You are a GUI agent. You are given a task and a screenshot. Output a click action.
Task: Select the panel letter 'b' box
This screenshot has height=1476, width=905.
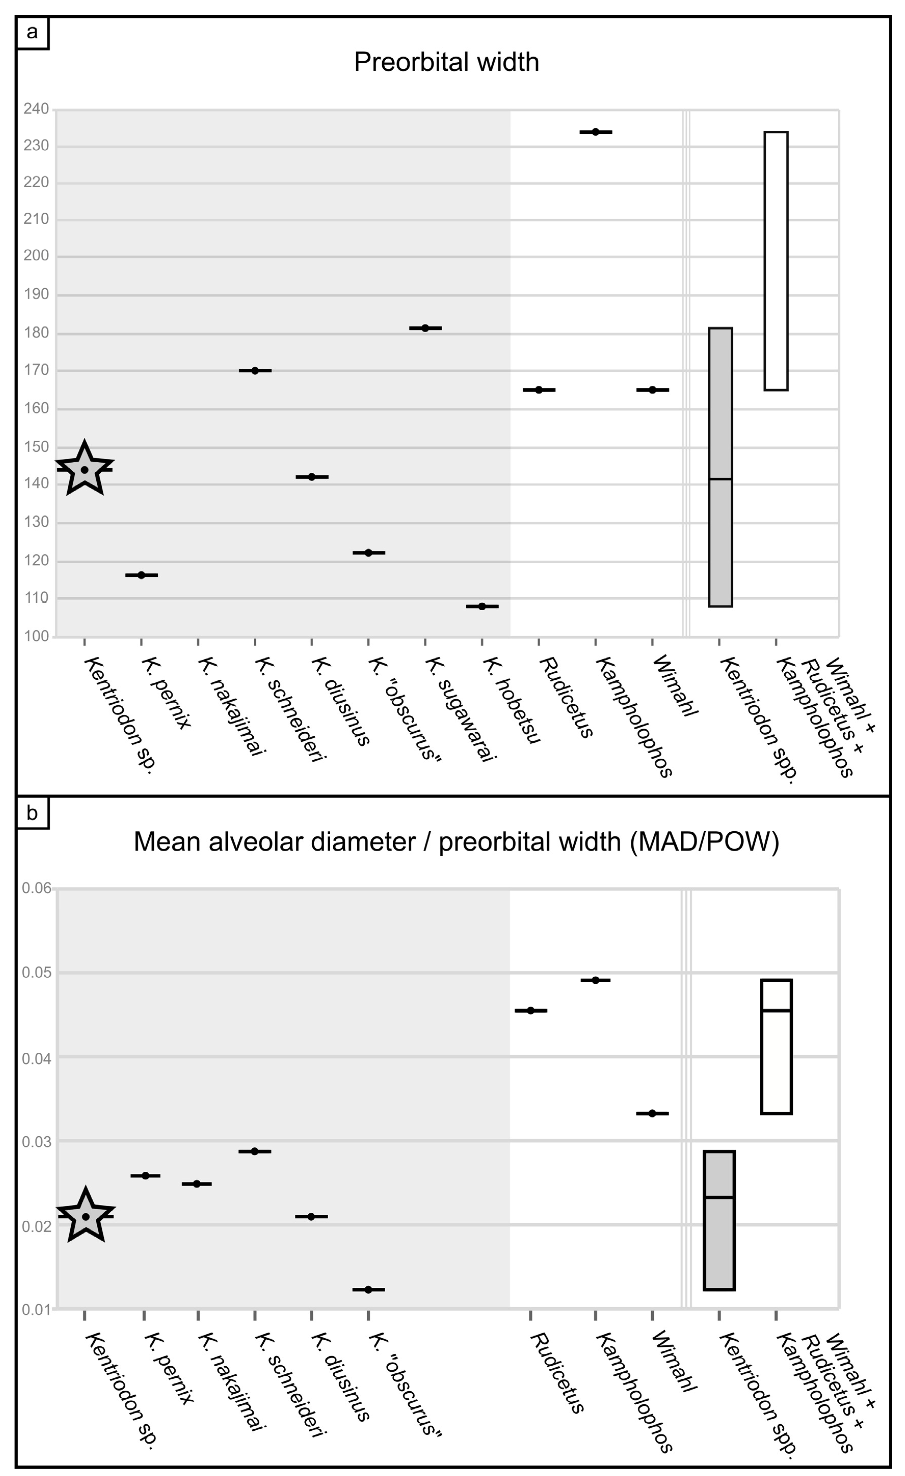click(32, 813)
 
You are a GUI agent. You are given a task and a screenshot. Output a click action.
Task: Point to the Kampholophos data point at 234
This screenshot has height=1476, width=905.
click(595, 132)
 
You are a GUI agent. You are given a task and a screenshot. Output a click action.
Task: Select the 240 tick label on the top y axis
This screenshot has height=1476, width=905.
click(36, 109)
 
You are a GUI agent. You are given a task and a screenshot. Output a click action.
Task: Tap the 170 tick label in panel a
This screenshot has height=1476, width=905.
click(36, 370)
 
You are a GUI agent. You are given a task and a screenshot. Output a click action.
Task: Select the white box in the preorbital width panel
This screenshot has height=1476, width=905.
click(776, 261)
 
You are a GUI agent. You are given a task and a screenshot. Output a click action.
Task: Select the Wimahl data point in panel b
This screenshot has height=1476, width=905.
click(652, 1113)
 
